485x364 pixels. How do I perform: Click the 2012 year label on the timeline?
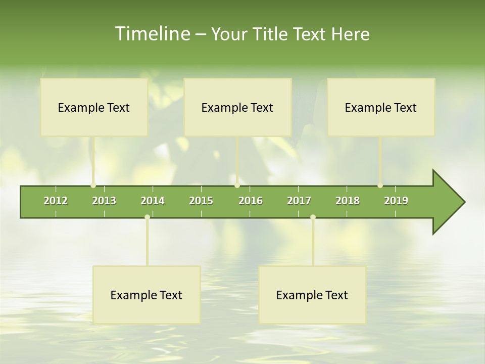56,201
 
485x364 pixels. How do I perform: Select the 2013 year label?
104,201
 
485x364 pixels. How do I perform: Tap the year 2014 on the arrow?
153,201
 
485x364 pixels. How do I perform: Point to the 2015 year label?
201,201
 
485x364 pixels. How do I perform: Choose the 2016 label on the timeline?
251,201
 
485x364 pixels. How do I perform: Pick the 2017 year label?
299,201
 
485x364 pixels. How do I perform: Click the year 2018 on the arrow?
348,201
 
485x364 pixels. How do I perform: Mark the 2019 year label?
396,201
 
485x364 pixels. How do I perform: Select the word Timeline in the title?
152,34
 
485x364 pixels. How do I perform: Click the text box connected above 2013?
94,107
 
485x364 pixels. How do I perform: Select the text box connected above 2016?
237,107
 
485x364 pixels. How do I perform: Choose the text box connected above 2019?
381,107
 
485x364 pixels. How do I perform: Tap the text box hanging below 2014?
147,295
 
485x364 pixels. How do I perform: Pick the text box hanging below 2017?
312,295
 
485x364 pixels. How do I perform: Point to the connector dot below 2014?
147,217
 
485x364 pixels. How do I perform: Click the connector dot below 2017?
313,217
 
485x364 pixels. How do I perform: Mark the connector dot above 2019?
380,186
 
